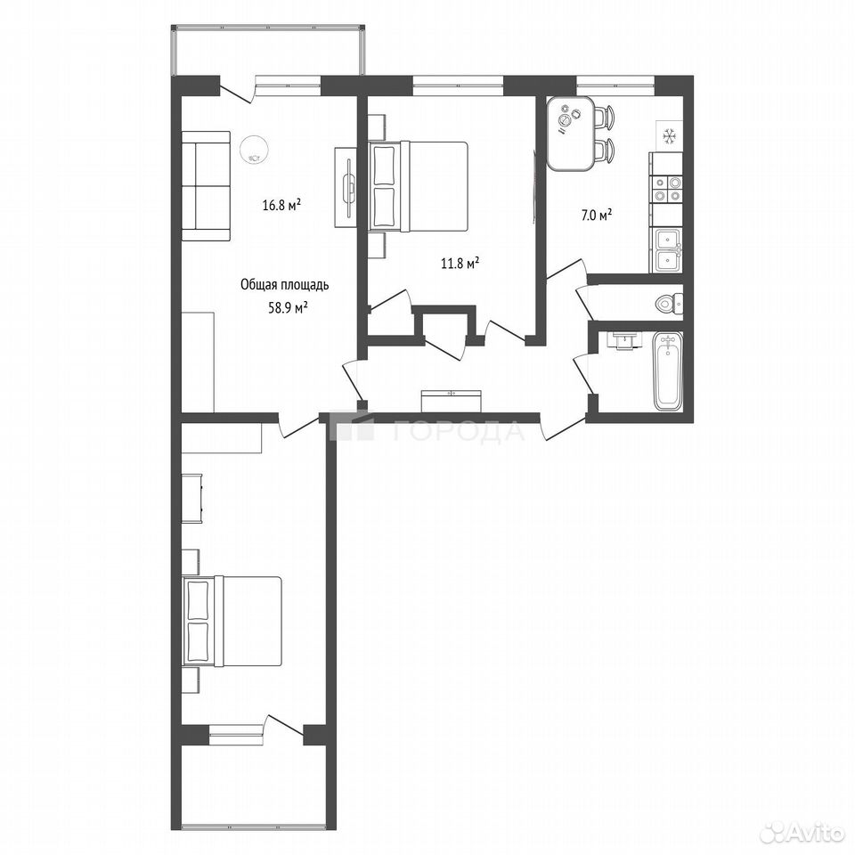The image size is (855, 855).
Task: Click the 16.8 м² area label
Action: click(282, 206)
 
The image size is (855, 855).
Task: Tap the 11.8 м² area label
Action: click(460, 264)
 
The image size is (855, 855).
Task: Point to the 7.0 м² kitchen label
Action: click(596, 216)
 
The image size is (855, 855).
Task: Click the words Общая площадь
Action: click(285, 285)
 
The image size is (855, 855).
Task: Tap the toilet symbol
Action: click(670, 303)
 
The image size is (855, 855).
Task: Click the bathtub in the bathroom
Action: click(667, 370)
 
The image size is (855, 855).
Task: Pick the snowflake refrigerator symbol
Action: click(669, 135)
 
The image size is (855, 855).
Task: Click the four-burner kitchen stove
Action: click(667, 190)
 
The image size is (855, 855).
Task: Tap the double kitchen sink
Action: click(668, 251)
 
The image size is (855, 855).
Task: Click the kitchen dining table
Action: click(571, 133)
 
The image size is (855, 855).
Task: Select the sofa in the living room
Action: click(206, 185)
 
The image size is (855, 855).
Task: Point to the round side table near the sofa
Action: click(254, 149)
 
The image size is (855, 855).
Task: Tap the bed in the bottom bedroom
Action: click(232, 621)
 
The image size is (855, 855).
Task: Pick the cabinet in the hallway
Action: click(452, 401)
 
